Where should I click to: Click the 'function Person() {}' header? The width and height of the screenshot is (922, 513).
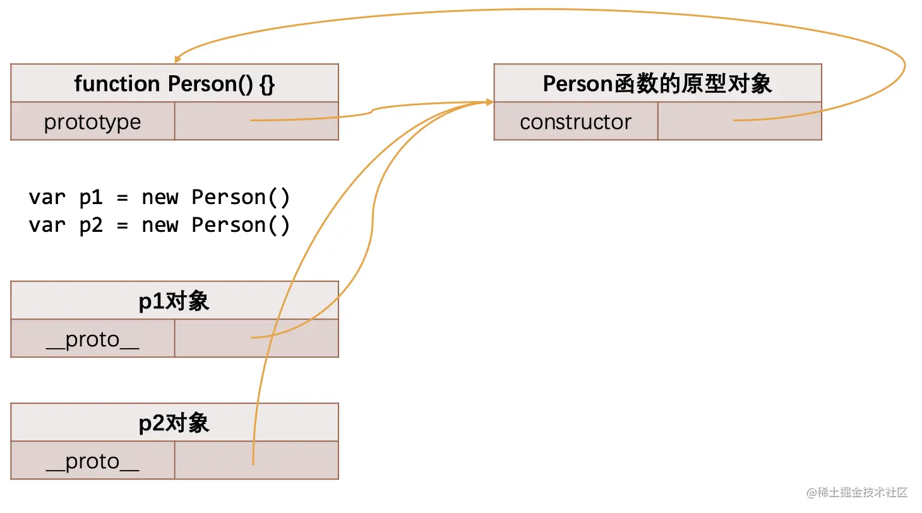(x=174, y=83)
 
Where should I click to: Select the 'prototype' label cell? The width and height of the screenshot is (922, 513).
(x=93, y=121)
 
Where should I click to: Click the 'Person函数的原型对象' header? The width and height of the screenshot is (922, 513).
(x=657, y=83)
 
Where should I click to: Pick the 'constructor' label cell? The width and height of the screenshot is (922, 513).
(x=575, y=121)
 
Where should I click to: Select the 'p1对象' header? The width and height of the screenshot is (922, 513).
(x=174, y=301)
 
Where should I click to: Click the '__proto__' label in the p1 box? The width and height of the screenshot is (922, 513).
(x=93, y=339)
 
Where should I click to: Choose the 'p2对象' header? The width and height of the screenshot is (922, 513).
(x=174, y=423)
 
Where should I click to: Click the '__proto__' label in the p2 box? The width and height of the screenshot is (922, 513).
(x=93, y=461)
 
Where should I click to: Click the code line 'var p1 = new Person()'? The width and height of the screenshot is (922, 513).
(x=159, y=197)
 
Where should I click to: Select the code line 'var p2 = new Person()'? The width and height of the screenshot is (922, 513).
(x=159, y=225)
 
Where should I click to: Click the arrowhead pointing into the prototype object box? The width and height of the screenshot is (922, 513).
(x=489, y=102)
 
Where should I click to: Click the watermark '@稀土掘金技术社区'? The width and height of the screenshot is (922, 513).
(x=856, y=492)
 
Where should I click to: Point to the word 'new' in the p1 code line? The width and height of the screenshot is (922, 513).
(x=160, y=197)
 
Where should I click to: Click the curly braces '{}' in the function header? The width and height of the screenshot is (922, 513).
(x=267, y=83)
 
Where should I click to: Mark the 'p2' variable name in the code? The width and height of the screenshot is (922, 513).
(x=91, y=225)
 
